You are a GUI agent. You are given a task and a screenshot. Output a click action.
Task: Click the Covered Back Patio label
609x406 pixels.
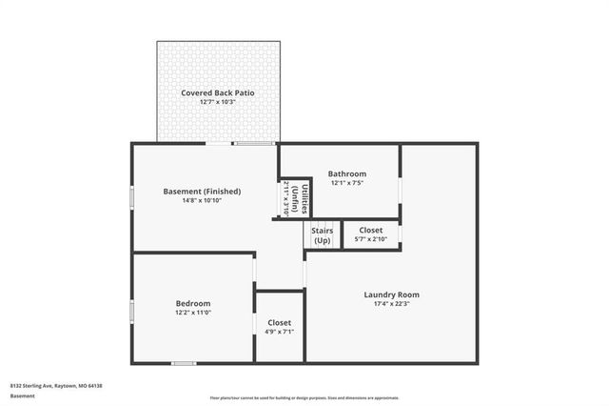pyautogui.click(x=217, y=92)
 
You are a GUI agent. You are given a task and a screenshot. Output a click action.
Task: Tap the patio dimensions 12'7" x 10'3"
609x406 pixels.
pyautogui.click(x=217, y=102)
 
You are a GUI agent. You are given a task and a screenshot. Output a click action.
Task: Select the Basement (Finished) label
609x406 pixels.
pyautogui.click(x=202, y=191)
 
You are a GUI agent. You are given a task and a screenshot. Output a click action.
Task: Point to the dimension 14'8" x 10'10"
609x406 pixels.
pyautogui.click(x=202, y=200)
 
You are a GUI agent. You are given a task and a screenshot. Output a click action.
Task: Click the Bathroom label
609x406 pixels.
pyautogui.click(x=347, y=173)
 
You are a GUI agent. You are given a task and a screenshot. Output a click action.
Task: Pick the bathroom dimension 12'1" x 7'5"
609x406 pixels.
pyautogui.click(x=347, y=183)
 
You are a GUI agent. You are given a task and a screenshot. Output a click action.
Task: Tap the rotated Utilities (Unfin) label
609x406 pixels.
pyautogui.click(x=295, y=200)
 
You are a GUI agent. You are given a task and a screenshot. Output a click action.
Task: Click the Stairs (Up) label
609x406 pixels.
pyautogui.click(x=322, y=234)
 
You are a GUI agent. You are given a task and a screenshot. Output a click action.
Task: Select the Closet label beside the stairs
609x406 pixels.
pyautogui.click(x=370, y=230)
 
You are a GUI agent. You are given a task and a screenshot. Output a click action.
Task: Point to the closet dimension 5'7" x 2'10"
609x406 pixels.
pyautogui.click(x=370, y=239)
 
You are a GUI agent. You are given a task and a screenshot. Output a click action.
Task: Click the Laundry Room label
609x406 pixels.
pyautogui.click(x=391, y=294)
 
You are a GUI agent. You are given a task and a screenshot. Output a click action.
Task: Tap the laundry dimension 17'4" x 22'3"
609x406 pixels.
pyautogui.click(x=391, y=304)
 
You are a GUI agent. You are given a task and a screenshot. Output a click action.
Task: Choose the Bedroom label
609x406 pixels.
pyautogui.click(x=192, y=303)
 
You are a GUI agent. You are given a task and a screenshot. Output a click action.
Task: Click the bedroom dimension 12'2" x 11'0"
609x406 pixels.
pyautogui.click(x=192, y=313)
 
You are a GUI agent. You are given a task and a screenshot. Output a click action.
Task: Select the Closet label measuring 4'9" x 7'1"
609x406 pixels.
pyautogui.click(x=279, y=323)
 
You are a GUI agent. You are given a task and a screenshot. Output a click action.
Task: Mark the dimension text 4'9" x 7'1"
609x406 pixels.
pyautogui.click(x=279, y=333)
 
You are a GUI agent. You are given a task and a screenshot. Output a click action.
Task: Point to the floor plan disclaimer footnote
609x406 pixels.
pyautogui.click(x=304, y=397)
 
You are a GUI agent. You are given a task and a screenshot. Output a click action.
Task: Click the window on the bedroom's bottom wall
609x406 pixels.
pyautogui.click(x=184, y=363)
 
